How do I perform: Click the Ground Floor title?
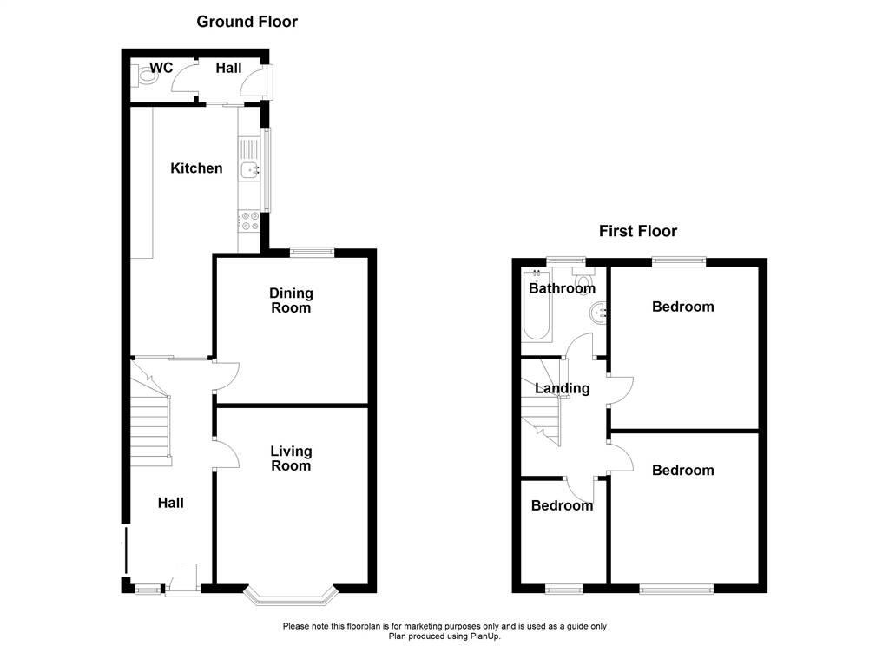pos(247,22)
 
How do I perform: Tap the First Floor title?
pos(638,231)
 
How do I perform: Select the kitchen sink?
pos(249,169)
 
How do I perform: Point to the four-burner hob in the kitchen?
pos(249,221)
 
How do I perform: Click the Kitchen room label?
pos(196,168)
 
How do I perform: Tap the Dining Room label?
pos(291,300)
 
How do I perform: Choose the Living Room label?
pos(291,458)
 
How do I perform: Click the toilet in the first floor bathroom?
pos(583,279)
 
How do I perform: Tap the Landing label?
pos(563,388)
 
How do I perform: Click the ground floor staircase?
pos(151,413)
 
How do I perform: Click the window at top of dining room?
pos(312,252)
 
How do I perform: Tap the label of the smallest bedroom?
pos(562,505)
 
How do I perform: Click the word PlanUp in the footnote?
pos(483,636)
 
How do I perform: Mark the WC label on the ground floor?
pos(161,68)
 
